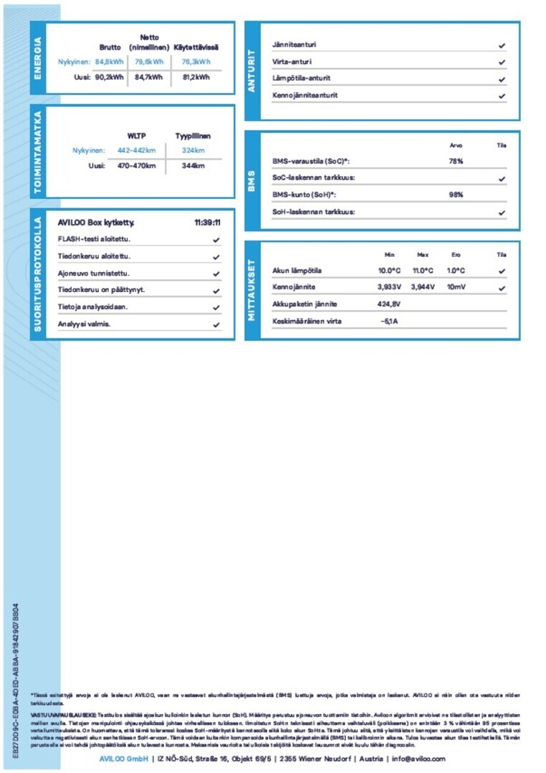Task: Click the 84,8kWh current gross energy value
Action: click(x=110, y=62)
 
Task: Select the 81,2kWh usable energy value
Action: click(x=196, y=77)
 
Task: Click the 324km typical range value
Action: click(x=193, y=150)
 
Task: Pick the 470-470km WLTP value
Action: click(x=136, y=166)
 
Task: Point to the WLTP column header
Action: click(x=136, y=135)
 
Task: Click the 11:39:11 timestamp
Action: click(x=207, y=223)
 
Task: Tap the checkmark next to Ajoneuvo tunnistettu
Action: click(x=216, y=274)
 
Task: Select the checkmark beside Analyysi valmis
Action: click(x=216, y=325)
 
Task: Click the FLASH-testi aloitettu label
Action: click(x=94, y=240)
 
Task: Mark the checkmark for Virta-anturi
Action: click(x=502, y=62)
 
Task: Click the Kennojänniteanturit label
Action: click(x=305, y=95)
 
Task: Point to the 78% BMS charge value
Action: click(x=456, y=162)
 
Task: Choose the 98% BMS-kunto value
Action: click(x=456, y=195)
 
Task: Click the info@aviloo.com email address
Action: click(x=416, y=759)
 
